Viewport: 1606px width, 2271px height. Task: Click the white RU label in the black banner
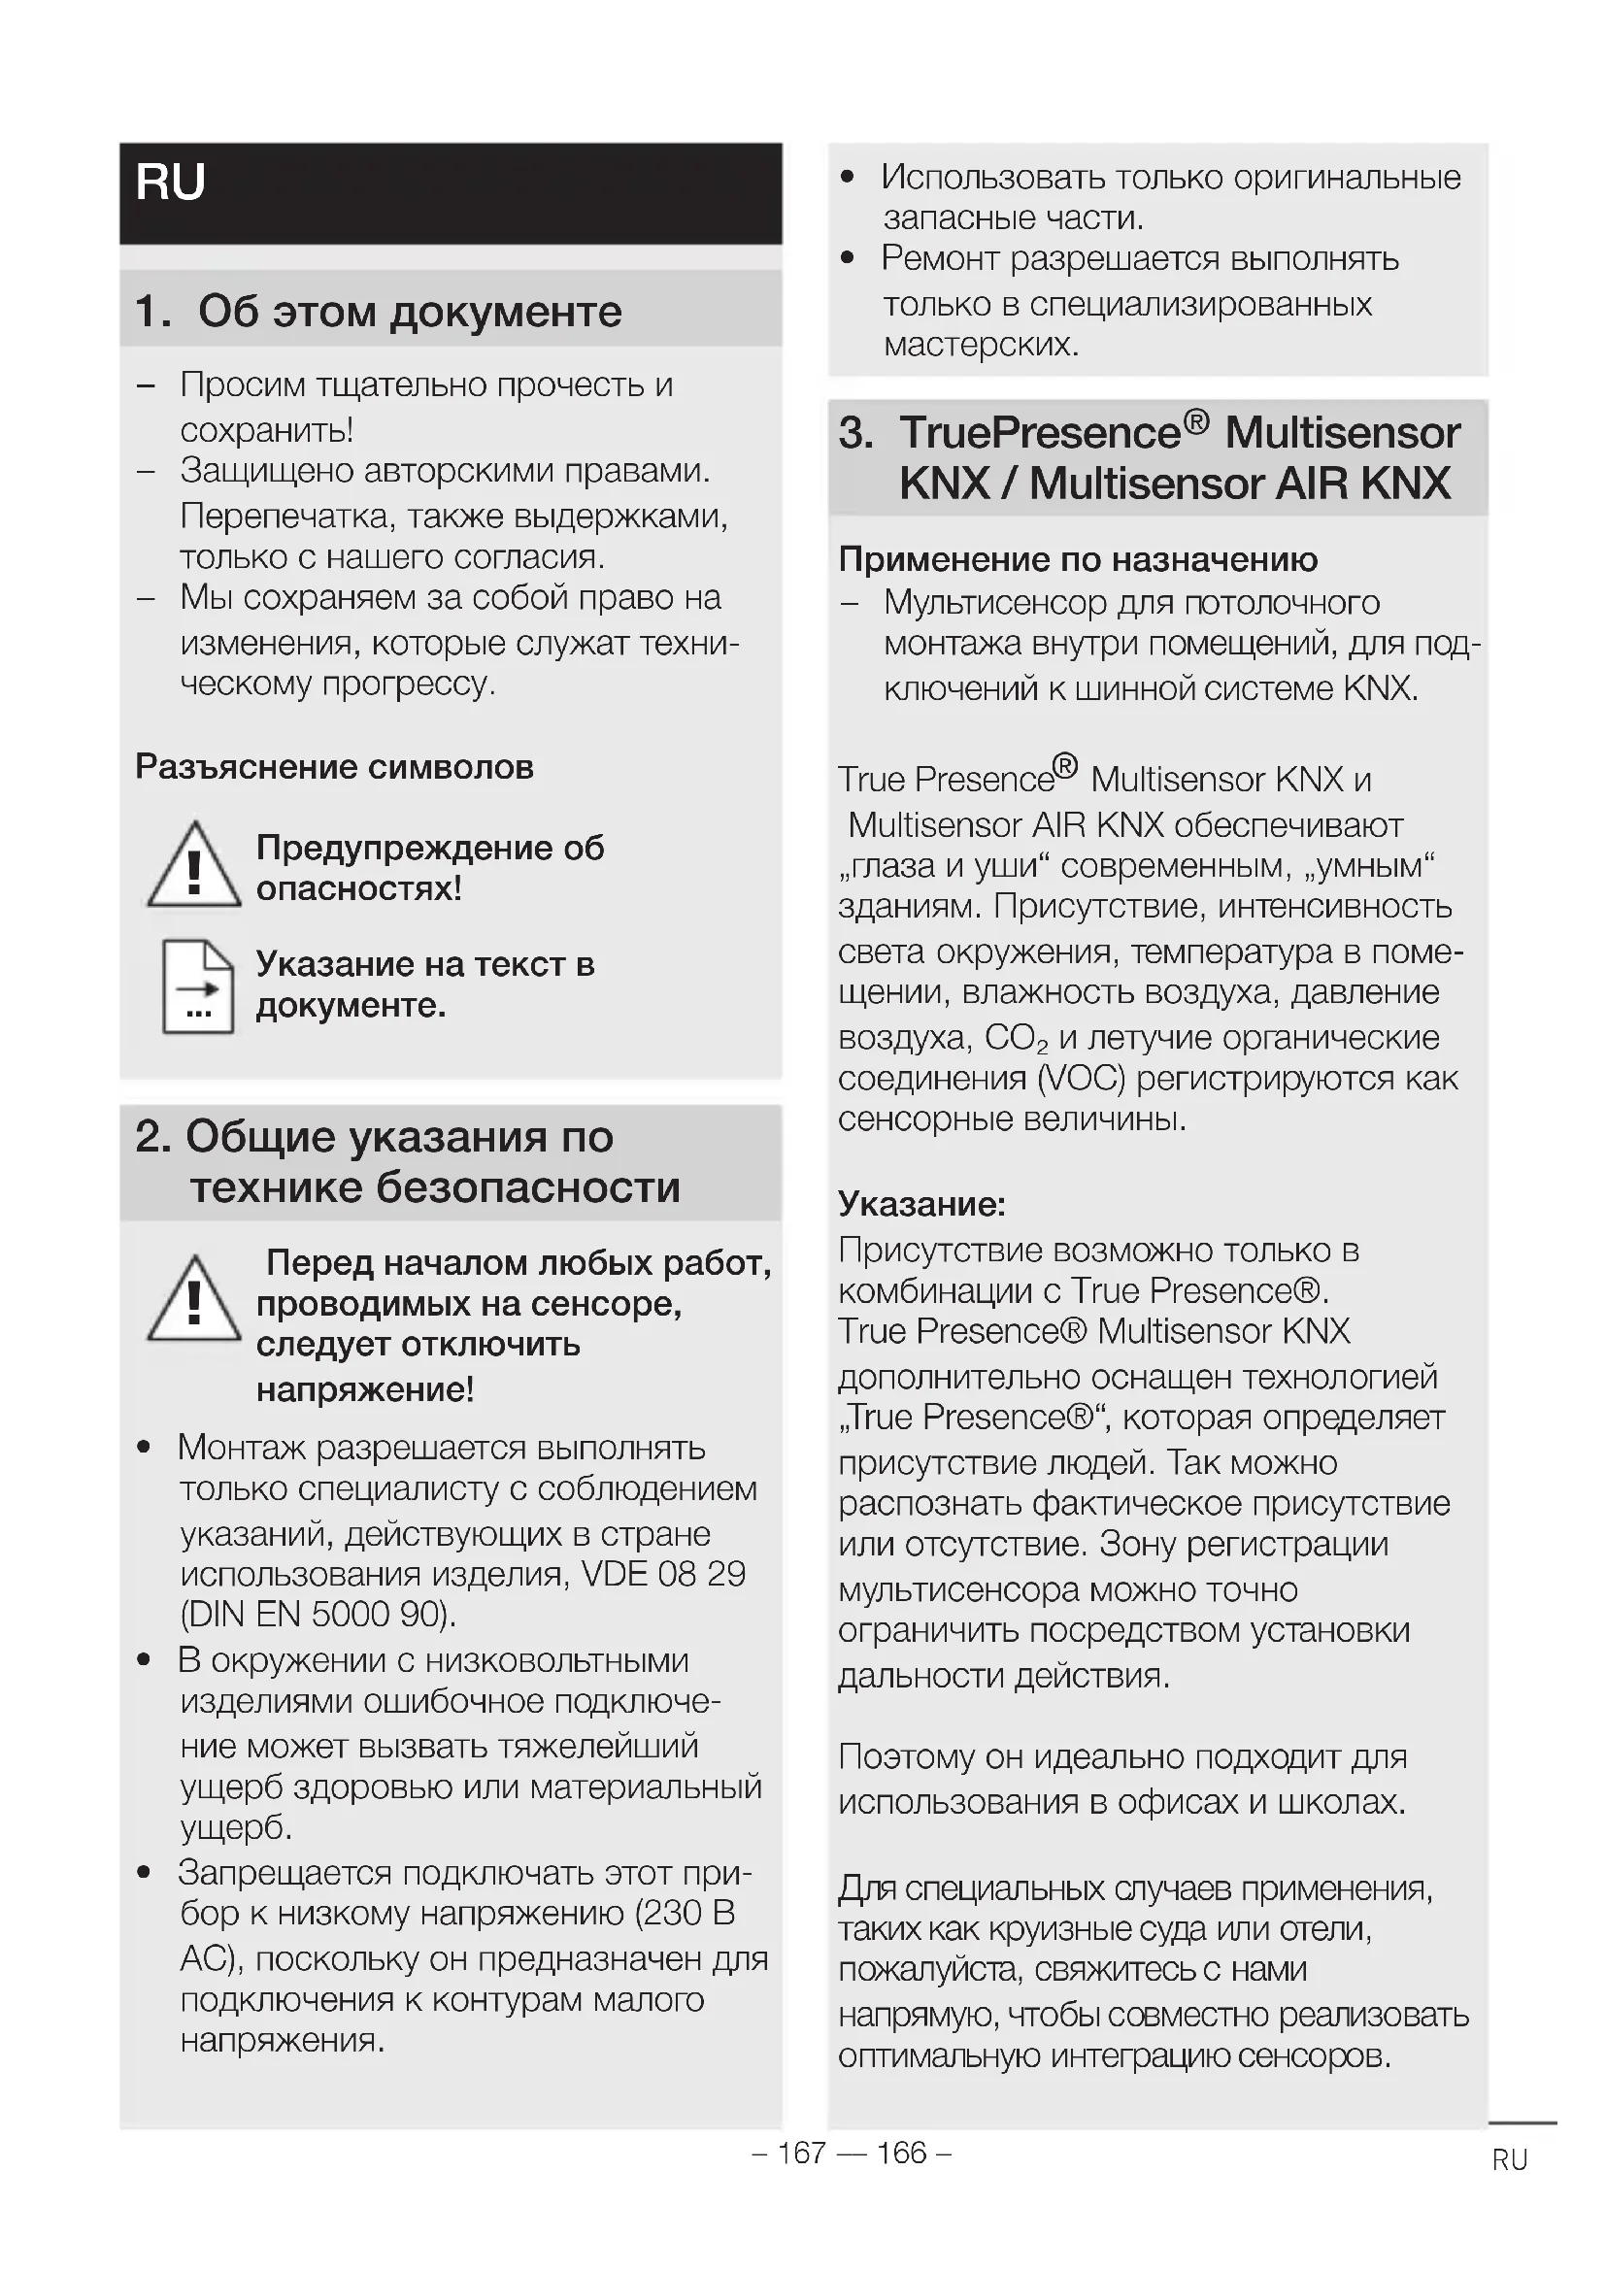(170, 183)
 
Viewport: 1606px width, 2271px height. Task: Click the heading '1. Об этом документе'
(379, 312)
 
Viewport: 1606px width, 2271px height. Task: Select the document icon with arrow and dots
(198, 986)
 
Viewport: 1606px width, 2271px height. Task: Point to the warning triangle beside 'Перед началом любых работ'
(194, 1300)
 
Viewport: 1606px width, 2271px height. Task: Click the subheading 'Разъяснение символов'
(334, 767)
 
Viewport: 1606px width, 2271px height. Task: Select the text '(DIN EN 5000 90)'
(318, 1615)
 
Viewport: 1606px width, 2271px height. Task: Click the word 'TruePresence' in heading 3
(1039, 433)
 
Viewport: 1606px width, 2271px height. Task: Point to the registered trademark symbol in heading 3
(1195, 422)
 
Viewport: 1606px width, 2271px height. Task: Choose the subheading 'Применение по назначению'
(1078, 560)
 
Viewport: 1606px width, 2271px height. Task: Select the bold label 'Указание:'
(921, 1204)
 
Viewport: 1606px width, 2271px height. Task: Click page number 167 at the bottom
(802, 2153)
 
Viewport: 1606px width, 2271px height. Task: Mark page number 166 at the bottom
(901, 2153)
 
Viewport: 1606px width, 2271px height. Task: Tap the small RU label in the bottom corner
(1510, 2160)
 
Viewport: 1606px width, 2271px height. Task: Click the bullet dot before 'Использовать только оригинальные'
(847, 178)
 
